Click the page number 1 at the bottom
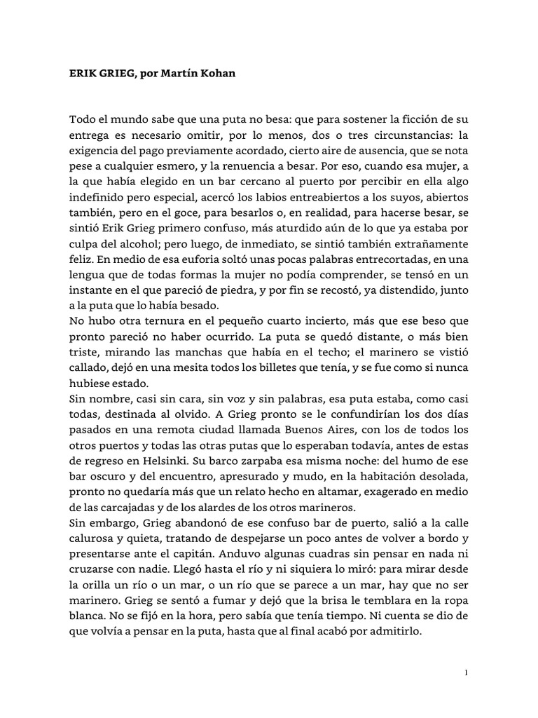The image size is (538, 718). [x=465, y=673]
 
